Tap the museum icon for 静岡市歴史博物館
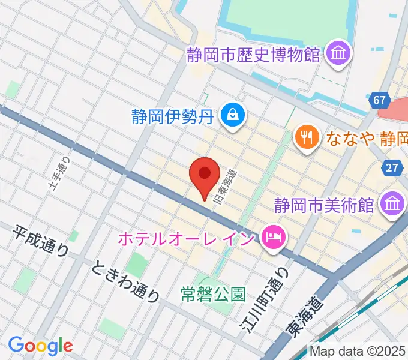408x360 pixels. click(338, 55)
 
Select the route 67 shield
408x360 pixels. click(379, 100)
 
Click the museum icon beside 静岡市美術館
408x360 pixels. click(392, 205)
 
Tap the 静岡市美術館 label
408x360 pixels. click(325, 205)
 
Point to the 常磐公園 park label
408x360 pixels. click(213, 294)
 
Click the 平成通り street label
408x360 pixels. click(40, 241)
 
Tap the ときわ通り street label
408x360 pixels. click(126, 282)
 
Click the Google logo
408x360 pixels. click(40, 346)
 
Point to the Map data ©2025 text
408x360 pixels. click(358, 351)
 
